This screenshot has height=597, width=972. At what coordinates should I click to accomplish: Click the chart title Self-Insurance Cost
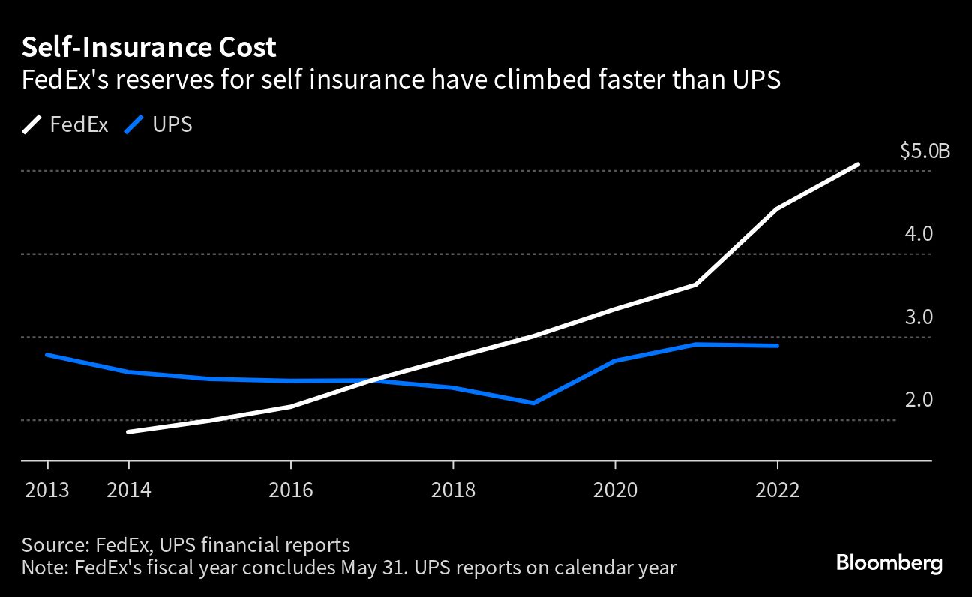(x=148, y=48)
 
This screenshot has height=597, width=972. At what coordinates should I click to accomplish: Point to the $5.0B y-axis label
(x=925, y=152)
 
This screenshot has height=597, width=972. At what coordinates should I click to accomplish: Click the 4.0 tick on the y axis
(x=919, y=234)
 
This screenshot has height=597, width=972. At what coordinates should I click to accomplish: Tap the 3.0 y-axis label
(x=919, y=317)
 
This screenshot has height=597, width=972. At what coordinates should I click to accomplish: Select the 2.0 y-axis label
(x=919, y=400)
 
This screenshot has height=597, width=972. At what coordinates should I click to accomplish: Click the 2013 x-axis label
(x=47, y=490)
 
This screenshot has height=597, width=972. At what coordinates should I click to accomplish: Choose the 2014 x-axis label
(x=129, y=490)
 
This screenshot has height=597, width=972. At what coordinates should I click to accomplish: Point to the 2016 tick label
(x=291, y=490)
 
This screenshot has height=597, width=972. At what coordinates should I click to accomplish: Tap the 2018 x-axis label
(x=453, y=490)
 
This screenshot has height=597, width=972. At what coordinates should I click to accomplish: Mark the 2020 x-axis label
(x=615, y=490)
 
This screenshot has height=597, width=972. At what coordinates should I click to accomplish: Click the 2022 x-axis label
(x=777, y=490)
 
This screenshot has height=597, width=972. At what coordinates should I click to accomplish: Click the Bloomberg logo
(x=889, y=563)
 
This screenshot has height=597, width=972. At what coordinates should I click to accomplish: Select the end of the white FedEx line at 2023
(x=857, y=165)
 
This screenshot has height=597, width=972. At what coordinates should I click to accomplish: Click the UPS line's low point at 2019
(x=533, y=403)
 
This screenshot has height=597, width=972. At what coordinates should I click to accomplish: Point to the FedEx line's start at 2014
(x=129, y=432)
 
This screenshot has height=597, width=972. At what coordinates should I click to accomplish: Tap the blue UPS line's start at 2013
(x=48, y=355)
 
